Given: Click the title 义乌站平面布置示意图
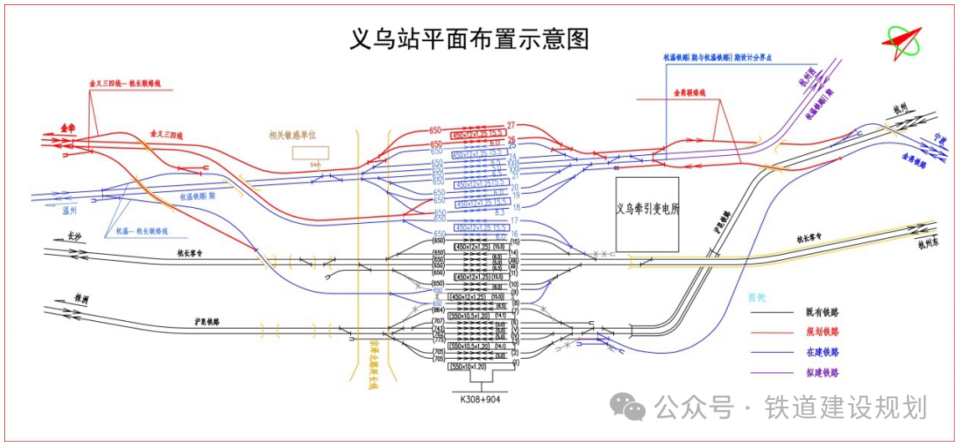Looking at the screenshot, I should coord(469,39).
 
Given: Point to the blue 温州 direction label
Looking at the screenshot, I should coord(70,210).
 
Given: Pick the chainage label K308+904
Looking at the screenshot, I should coord(481,399).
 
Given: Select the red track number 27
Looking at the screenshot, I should coord(510,126).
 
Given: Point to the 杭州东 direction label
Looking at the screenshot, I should coord(930,245).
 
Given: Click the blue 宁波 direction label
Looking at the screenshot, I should coord(942,139).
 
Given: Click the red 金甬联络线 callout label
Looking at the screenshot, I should coord(690,92).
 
